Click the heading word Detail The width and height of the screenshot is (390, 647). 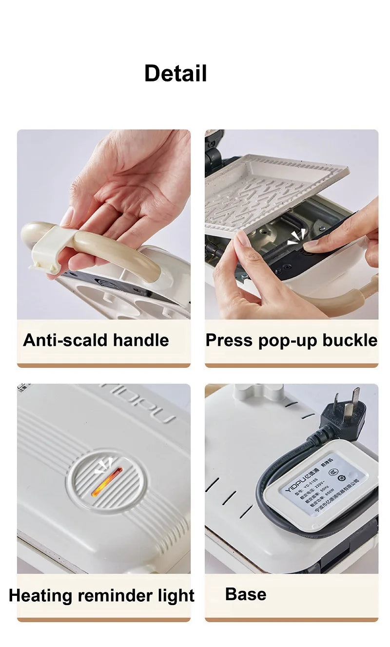point(175,74)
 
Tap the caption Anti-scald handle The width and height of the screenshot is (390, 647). point(96,340)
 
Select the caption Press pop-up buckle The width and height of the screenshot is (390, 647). point(291,340)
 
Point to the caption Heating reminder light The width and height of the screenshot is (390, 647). point(101,595)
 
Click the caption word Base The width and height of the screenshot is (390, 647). point(246,594)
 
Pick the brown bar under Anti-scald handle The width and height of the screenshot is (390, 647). point(103,365)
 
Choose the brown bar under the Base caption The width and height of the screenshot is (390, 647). point(291,620)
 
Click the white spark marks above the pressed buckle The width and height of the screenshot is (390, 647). point(296,237)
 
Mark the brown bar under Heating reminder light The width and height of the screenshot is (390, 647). point(103,620)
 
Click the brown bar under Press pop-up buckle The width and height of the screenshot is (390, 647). point(291,365)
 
